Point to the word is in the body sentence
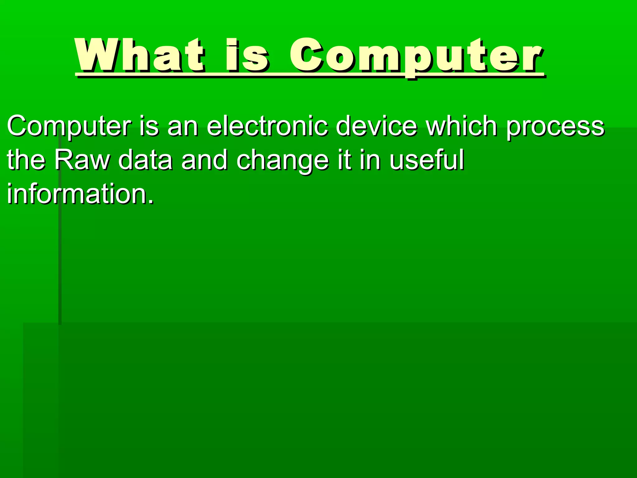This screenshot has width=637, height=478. click(149, 126)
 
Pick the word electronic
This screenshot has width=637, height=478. click(267, 126)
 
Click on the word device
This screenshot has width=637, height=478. click(376, 126)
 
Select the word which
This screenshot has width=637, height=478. click(462, 126)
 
